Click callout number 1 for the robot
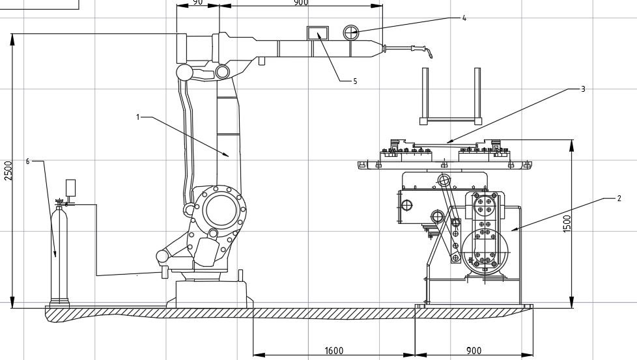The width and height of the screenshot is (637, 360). click(x=137, y=117)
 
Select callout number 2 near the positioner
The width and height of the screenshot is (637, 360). click(x=619, y=199)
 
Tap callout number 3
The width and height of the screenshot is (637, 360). click(x=583, y=89)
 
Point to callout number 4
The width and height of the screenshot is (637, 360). click(x=464, y=18)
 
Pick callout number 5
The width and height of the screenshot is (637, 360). click(x=355, y=81)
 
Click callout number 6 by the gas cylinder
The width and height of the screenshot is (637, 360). click(x=27, y=161)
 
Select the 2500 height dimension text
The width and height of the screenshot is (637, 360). click(x=8, y=171)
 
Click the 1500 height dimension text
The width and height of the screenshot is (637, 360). click(x=567, y=224)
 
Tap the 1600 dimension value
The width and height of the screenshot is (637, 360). click(x=334, y=351)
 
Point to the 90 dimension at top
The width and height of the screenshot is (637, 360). click(x=197, y=3)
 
